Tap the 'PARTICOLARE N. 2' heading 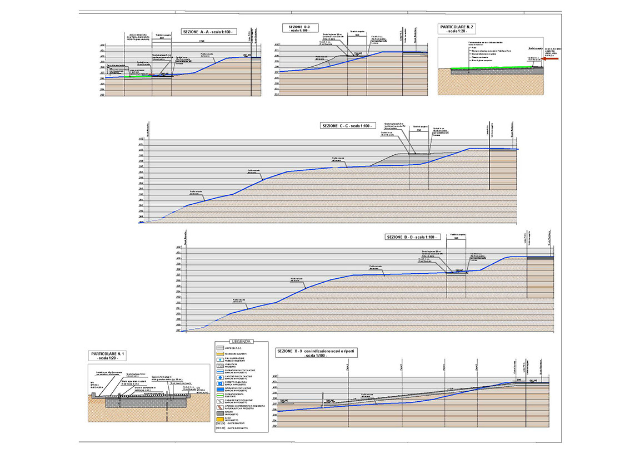click(x=457, y=28)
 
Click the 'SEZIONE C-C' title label click(x=345, y=126)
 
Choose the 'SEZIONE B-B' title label click(x=411, y=237)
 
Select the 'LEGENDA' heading click(x=241, y=342)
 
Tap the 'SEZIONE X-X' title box click(x=317, y=354)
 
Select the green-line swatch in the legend click(x=219, y=395)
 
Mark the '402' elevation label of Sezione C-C click(x=141, y=139)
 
